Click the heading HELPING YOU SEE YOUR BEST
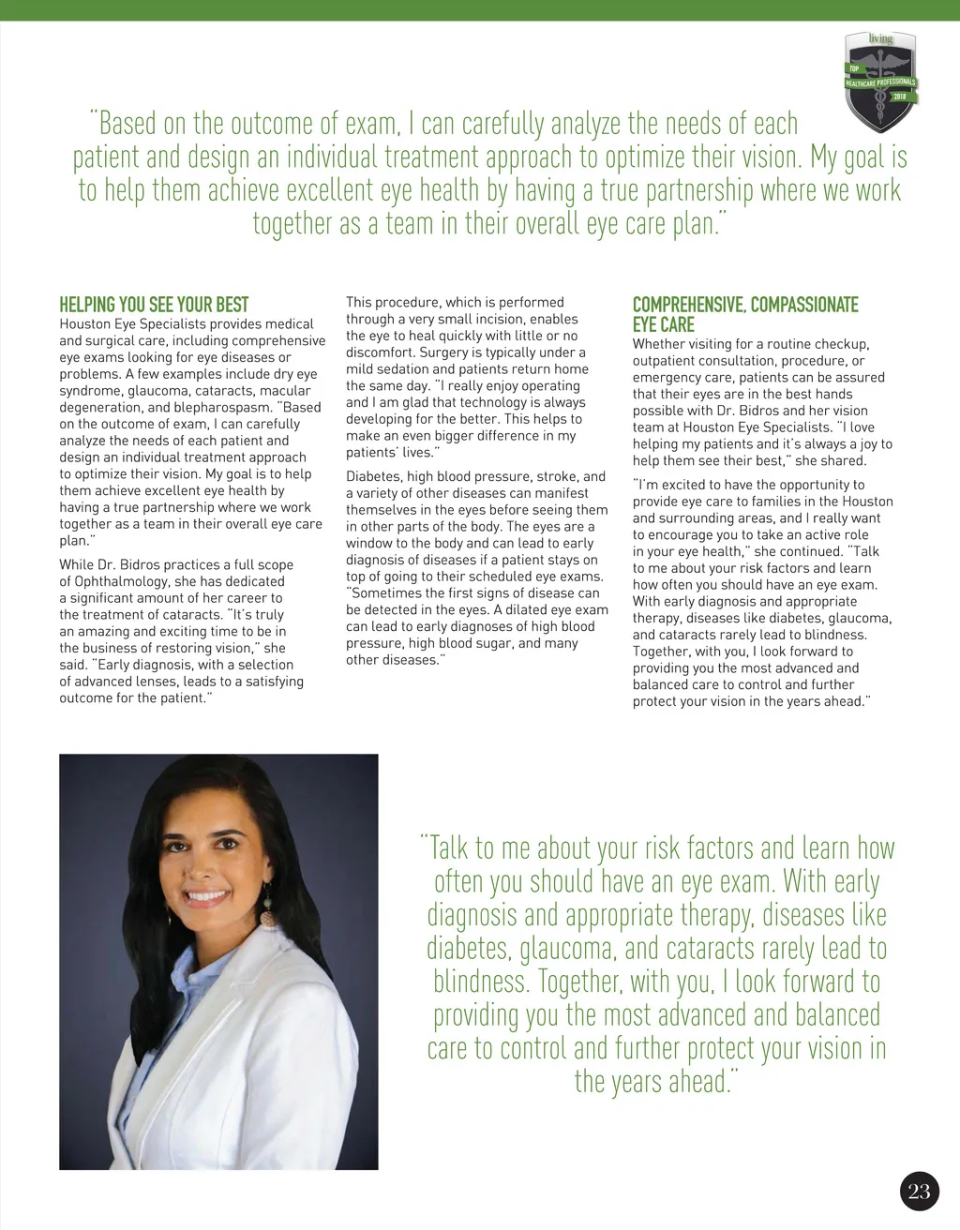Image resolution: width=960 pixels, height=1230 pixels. (x=154, y=305)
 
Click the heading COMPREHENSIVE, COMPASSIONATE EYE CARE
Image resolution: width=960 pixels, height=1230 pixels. (x=745, y=314)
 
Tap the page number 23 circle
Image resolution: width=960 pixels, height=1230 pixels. (x=920, y=1191)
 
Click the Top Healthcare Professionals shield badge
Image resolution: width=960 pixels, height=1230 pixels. (x=879, y=82)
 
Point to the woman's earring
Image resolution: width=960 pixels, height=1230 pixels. (x=268, y=913)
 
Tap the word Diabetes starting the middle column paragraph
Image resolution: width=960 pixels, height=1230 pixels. (x=374, y=477)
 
